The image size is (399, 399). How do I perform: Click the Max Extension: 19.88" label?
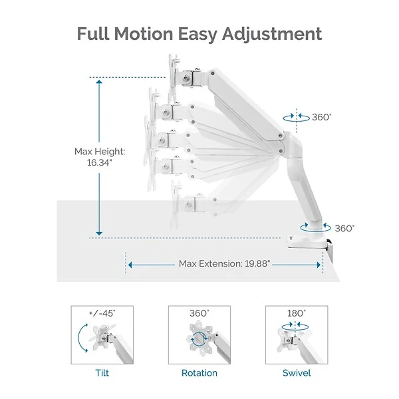[224, 263]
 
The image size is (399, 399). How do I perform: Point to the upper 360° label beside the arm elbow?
[321, 116]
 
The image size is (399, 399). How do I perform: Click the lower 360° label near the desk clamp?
[344, 228]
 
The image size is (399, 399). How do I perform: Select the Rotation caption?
[199, 373]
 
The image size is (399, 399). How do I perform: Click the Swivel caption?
[297, 373]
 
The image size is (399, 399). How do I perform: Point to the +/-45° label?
[102, 313]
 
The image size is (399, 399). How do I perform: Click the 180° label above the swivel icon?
[297, 313]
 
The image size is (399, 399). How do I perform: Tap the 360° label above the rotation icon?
[199, 313]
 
